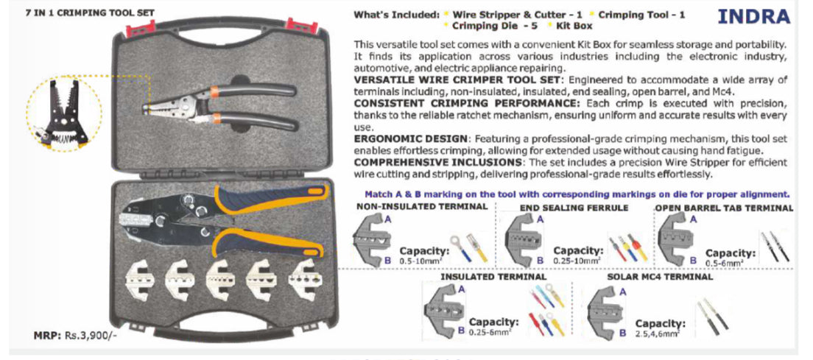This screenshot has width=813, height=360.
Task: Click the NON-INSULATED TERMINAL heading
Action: click(x=421, y=207)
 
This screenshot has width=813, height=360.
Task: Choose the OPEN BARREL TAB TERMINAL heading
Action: click(x=724, y=208)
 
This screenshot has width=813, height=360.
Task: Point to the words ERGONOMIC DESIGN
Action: click(x=411, y=138)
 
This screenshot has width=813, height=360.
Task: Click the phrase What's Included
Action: click(x=394, y=15)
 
